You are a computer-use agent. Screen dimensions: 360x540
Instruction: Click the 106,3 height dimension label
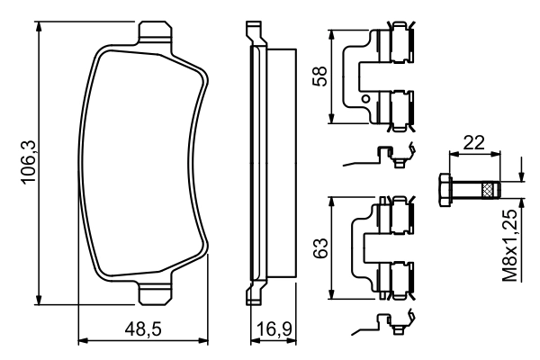[x=27, y=163]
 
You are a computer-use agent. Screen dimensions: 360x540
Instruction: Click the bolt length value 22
[x=473, y=142]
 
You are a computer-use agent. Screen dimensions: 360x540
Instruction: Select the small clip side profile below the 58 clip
[x=382, y=157]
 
